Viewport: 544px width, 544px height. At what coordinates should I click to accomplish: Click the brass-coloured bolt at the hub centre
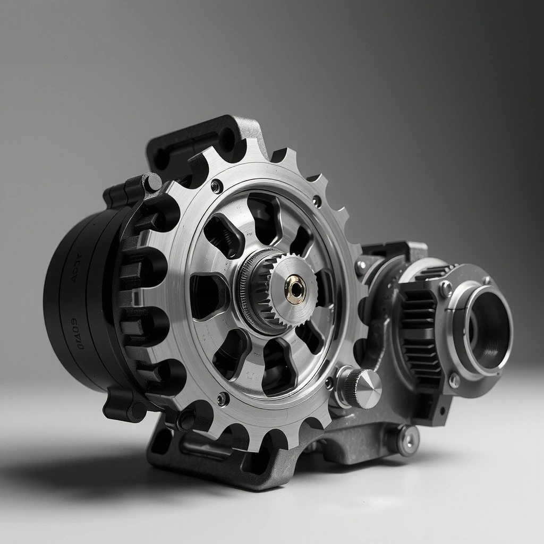point(295,289)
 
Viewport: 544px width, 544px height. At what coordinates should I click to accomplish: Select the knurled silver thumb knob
point(362,388)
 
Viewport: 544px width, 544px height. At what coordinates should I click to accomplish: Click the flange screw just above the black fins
point(445,288)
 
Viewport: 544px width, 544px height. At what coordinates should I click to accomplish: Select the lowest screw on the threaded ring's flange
point(455,380)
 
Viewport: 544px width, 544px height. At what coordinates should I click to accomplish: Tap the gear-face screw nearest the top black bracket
point(217,186)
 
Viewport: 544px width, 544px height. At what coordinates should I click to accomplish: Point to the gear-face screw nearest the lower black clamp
point(223,398)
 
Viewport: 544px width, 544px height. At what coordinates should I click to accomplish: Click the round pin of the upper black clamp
point(153,183)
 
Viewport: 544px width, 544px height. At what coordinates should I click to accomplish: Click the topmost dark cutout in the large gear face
point(264,210)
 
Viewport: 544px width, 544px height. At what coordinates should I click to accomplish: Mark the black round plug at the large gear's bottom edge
point(186,420)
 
